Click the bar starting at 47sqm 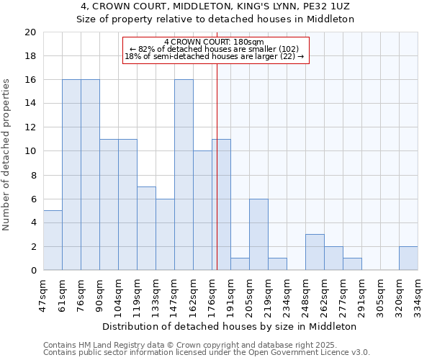coord(53,240)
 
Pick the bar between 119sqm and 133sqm coord(146,228)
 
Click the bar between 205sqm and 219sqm coord(258,235)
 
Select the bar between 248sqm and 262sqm coord(315,252)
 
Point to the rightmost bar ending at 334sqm coord(408,258)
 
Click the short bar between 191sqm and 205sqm coord(240,264)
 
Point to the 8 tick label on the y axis coord(32,175)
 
